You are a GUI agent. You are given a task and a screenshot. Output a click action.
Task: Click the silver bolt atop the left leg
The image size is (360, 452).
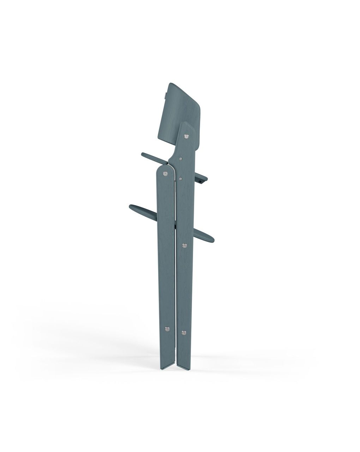click(x=165, y=173)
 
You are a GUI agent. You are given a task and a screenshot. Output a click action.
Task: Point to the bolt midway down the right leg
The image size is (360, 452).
click(x=184, y=245)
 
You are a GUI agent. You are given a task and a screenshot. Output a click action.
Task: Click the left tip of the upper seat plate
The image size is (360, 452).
click(x=143, y=154)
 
